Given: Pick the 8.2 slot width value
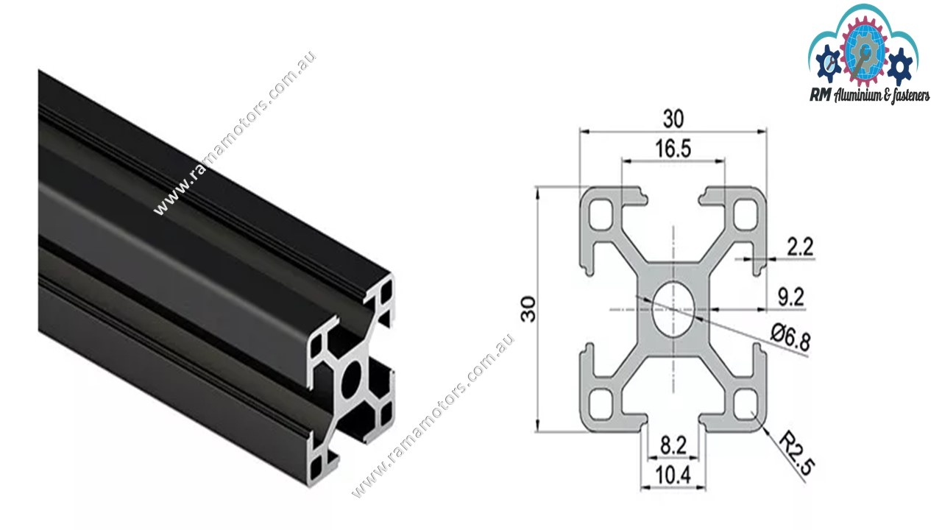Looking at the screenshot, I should pos(673,445).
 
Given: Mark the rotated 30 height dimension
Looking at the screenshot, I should pos(528,310).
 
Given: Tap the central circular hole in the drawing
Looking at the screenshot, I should pos(673,309).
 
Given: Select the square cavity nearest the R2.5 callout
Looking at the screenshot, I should pos(748,403).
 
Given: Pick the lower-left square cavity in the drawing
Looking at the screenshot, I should pos(600,403).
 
